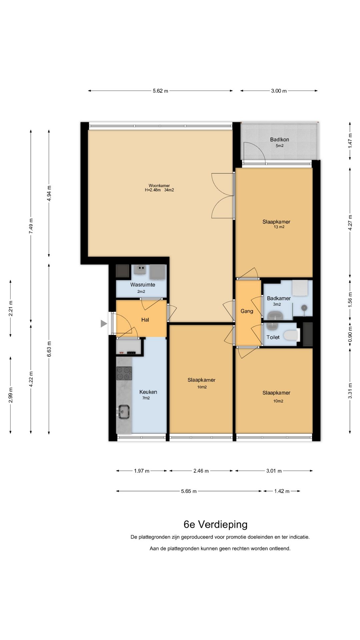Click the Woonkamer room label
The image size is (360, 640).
click(159, 186)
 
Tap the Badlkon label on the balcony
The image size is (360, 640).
click(279, 140)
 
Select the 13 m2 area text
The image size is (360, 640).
click(279, 227)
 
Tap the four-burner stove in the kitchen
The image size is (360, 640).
click(124, 373)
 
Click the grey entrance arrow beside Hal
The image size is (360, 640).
click(104, 323)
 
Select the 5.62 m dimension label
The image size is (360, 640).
click(160, 91)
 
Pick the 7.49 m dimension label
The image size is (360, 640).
click(31, 226)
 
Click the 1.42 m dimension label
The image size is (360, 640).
click(282, 491)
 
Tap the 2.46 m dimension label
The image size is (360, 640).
click(201, 471)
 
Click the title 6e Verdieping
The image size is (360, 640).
click(216, 524)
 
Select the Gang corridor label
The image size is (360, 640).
click(247, 311)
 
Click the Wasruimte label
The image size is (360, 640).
click(143, 285)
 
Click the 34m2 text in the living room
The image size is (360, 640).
click(169, 190)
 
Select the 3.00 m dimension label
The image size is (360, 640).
click(279, 91)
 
